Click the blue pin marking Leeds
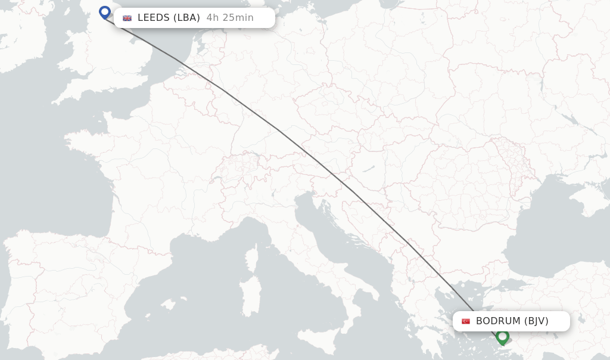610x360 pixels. click(105, 12)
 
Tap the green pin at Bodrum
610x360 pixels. click(502, 337)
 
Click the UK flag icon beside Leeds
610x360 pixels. click(127, 18)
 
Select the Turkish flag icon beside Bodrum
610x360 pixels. click(466, 321)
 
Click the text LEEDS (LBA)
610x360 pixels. click(169, 18)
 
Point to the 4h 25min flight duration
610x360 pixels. click(230, 18)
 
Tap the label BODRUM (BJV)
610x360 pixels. click(512, 321)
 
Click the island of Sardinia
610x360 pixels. click(250, 296)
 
